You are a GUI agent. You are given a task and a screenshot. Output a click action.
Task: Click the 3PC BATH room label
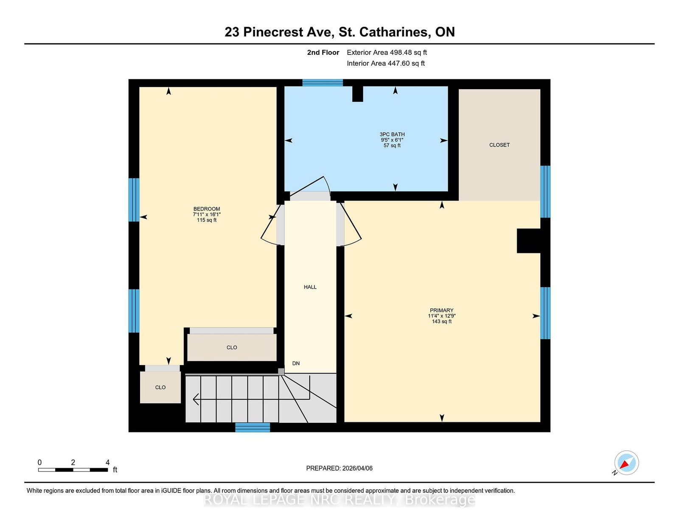[392, 134]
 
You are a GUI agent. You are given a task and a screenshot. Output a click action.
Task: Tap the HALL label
[310, 287]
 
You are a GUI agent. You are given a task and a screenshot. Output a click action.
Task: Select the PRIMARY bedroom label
[441, 310]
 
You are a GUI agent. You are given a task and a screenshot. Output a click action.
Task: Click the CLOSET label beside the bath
[499, 145]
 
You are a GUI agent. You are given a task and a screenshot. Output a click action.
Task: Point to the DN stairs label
[296, 363]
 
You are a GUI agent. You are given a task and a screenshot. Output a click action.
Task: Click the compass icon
[626, 463]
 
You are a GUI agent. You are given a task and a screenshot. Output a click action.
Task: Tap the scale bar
[73, 469]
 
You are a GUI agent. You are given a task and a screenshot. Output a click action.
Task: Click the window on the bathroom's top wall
[323, 83]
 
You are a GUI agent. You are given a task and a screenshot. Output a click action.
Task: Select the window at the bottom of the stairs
[253, 427]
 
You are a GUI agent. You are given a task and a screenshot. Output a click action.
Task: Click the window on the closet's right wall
[545, 191]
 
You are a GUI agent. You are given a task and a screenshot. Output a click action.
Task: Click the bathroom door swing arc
[316, 184]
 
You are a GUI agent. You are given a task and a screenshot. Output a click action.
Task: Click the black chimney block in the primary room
[528, 241]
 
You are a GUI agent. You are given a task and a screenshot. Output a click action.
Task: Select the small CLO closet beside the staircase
[160, 387]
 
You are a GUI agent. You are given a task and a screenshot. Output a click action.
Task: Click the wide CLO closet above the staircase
[232, 347]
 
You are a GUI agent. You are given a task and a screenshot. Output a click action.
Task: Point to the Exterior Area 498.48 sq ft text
[387, 53]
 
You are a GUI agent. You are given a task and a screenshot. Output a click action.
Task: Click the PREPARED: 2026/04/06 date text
[339, 468]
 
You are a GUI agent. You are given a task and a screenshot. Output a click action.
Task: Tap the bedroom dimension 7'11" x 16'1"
[207, 215]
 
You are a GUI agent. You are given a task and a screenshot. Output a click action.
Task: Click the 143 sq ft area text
[441, 322]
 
